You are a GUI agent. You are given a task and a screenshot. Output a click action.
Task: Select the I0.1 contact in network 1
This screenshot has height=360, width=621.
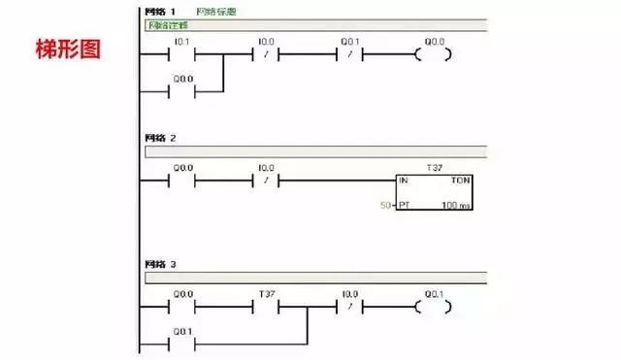[181, 54]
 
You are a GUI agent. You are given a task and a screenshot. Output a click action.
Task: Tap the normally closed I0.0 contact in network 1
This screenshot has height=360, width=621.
[266, 54]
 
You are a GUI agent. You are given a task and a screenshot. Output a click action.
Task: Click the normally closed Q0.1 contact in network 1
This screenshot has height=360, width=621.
[349, 54]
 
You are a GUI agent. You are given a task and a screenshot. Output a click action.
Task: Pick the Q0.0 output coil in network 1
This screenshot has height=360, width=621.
[433, 54]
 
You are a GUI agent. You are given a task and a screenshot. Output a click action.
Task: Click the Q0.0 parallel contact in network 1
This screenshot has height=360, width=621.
[181, 92]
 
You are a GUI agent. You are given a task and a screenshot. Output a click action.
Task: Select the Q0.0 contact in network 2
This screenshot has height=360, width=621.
[181, 180]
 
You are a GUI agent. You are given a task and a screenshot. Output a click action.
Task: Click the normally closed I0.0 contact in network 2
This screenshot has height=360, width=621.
[266, 180]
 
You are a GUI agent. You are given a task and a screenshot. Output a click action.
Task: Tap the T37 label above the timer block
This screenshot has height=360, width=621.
[434, 167]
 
